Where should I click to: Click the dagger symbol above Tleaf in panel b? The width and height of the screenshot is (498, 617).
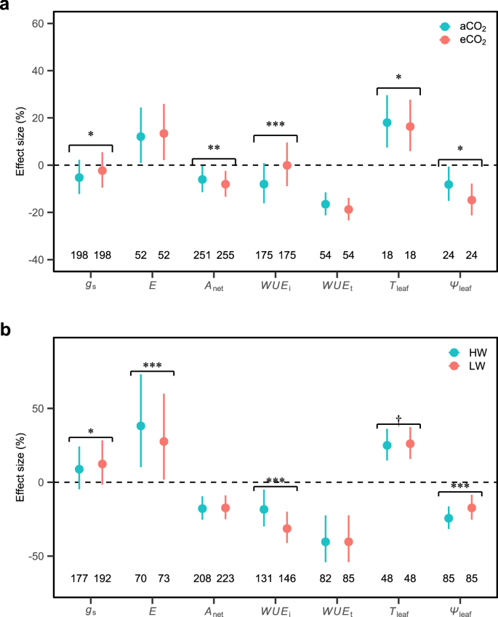coord(398,419)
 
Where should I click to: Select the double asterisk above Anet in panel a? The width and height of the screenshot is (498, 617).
coord(214,148)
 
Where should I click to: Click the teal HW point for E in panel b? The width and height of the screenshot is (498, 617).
coord(141,426)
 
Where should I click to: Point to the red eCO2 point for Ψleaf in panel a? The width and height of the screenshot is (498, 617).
coord(472,200)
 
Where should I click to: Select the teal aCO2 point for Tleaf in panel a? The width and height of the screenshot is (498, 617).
coord(387,122)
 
